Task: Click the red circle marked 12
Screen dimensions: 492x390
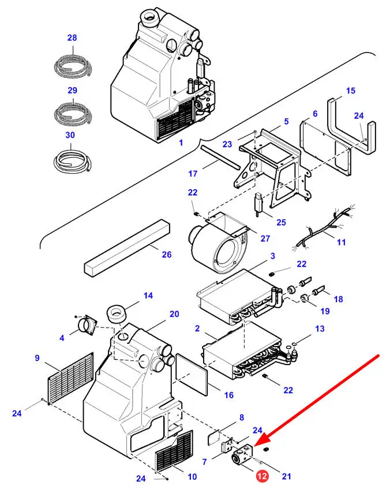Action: pyautogui.click(x=262, y=476)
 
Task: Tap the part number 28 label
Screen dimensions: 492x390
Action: pyautogui.click(x=72, y=38)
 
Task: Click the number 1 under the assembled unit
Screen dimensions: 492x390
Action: pyautogui.click(x=180, y=142)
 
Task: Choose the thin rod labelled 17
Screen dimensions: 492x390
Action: pyautogui.click(x=220, y=157)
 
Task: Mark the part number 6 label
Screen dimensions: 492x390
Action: pyautogui.click(x=314, y=114)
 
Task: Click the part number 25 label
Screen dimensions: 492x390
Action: pyautogui.click(x=281, y=222)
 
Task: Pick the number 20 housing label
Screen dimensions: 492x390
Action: pyautogui.click(x=174, y=314)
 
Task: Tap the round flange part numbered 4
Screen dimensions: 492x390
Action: pyautogui.click(x=88, y=326)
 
